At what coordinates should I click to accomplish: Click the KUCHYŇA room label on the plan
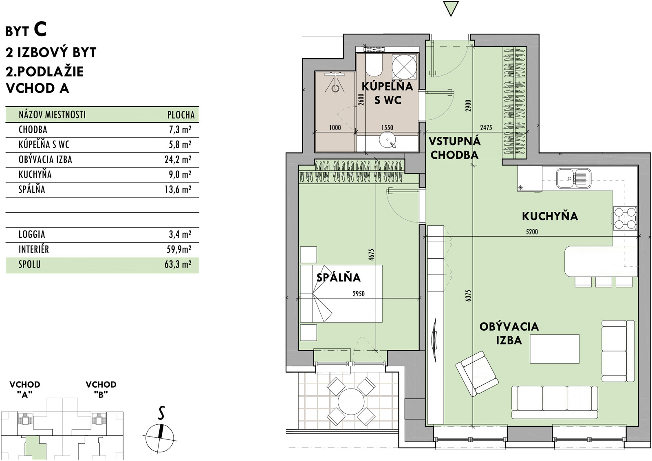pos(550,216)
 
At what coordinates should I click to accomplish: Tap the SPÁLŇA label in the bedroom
pos(338,277)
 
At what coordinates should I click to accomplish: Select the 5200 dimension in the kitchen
pos(532,232)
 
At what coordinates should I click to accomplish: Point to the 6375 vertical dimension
pos(468,295)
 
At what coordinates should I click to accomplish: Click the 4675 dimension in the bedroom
pos(371,255)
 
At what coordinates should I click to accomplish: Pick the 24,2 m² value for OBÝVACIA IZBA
pos(178,159)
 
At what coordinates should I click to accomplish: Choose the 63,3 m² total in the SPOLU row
pos(178,264)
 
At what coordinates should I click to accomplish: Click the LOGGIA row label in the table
pos(32,235)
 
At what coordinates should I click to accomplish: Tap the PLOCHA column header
pos(181,115)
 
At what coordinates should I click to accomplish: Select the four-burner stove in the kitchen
pos(625,218)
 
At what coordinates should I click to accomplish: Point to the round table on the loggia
pos(351,403)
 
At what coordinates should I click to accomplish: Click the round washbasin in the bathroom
pos(387,141)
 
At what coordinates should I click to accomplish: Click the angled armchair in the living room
pos(477,373)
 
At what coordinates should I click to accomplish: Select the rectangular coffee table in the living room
pos(554,349)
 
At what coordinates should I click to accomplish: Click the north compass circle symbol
pos(159,437)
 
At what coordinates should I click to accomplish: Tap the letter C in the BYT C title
pos(40,30)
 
